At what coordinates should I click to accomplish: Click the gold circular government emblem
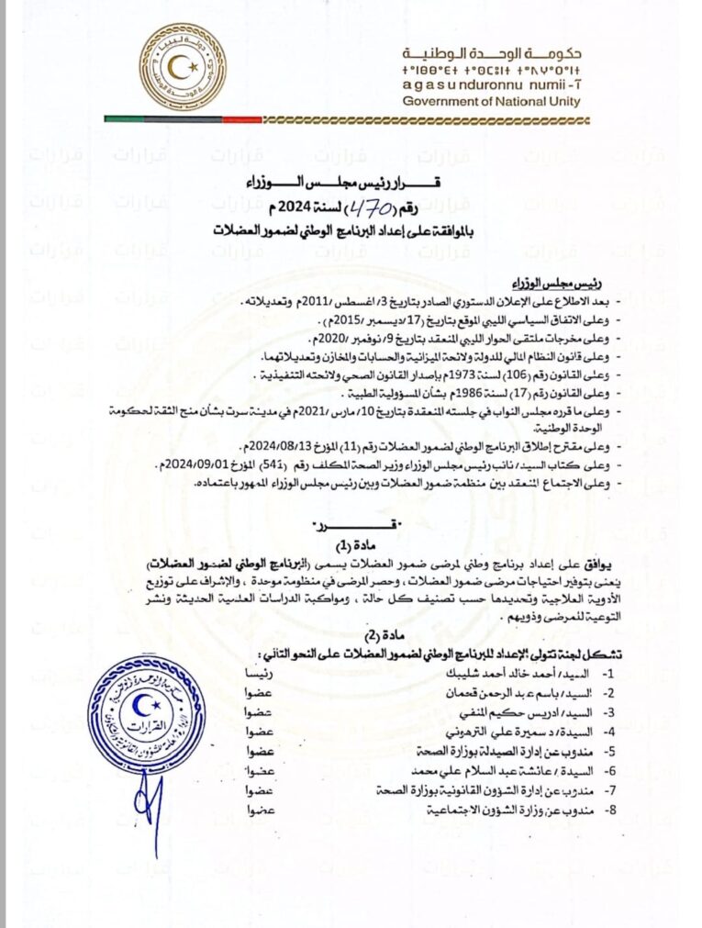click(x=184, y=69)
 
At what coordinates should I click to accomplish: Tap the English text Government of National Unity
click(x=492, y=101)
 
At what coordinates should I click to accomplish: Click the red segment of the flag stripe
click(x=242, y=118)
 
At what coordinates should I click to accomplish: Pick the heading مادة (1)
click(x=332, y=545)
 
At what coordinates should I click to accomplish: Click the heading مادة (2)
click(x=333, y=635)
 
